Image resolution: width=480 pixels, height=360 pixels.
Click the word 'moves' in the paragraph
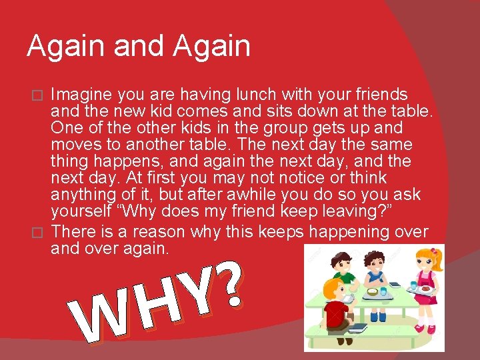pyautogui.click(x=74, y=145)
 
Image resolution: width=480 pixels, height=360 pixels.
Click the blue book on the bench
pyautogui.click(x=357, y=328)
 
